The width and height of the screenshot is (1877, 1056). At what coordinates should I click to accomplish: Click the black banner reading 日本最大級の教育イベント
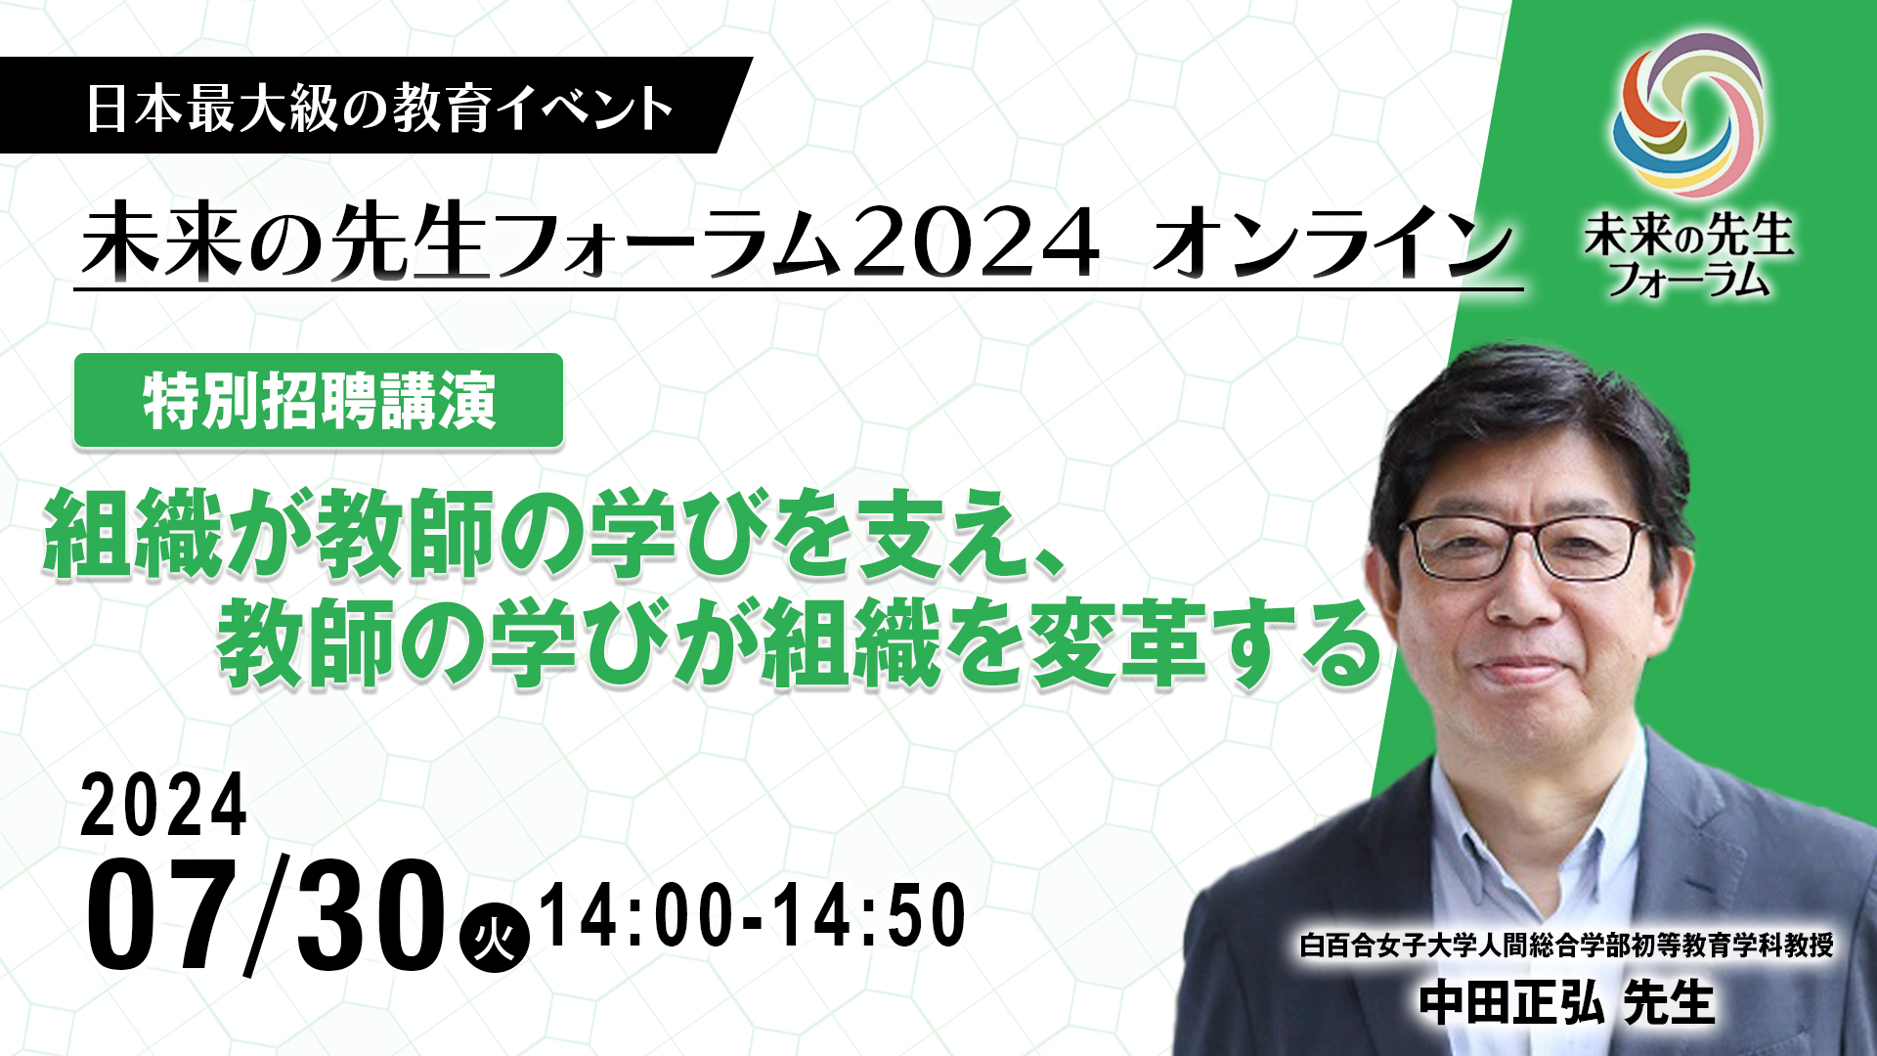[376, 106]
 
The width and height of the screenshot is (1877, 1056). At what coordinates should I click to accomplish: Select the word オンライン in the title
[1331, 243]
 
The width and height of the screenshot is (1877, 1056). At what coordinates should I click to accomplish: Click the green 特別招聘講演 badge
[319, 401]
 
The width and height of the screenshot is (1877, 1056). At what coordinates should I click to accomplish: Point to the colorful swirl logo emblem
[1688, 115]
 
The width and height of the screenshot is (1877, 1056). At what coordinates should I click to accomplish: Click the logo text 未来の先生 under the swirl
[1688, 236]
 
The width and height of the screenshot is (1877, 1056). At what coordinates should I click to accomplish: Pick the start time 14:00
[636, 915]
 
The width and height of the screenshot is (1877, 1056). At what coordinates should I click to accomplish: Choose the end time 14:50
[869, 915]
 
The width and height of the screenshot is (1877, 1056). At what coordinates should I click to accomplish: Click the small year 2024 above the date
[163, 805]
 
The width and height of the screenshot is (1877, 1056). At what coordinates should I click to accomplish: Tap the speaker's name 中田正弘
[1511, 1003]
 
